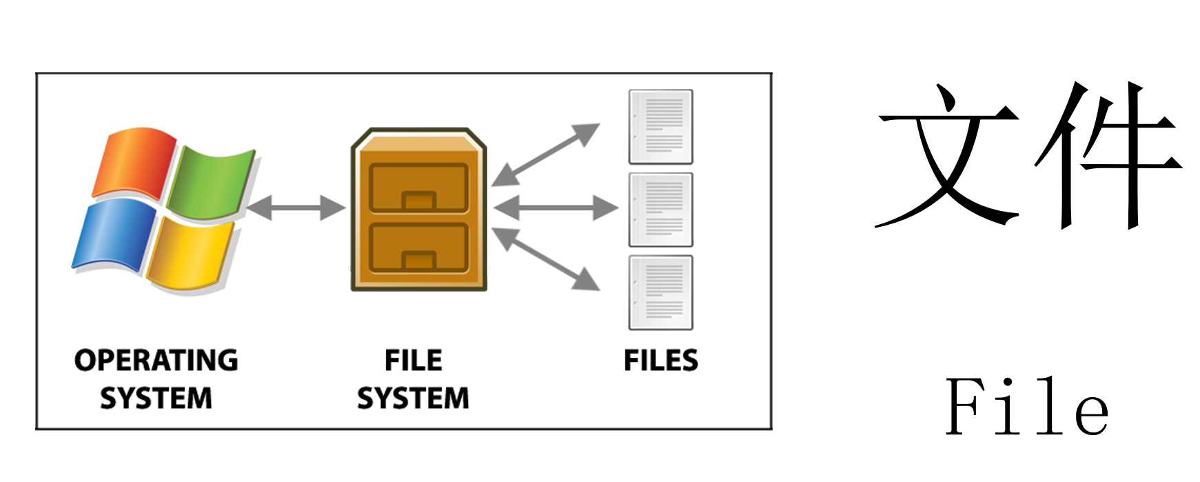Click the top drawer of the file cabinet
pyautogui.click(x=418, y=187)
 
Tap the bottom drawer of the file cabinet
pyautogui.click(x=418, y=248)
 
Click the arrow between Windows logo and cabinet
pyautogui.click(x=296, y=208)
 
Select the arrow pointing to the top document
pyautogui.click(x=545, y=155)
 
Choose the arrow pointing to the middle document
pyautogui.click(x=556, y=208)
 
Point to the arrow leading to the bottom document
pyautogui.click(x=545, y=259)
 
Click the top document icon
pyautogui.click(x=660, y=126)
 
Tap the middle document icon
pyautogui.click(x=660, y=210)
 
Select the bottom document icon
pyautogui.click(x=660, y=292)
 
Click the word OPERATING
pyautogui.click(x=156, y=361)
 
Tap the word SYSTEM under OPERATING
pyautogui.click(x=156, y=399)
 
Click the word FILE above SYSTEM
pyautogui.click(x=414, y=361)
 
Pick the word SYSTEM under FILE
pyautogui.click(x=414, y=399)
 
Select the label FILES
pyautogui.click(x=661, y=361)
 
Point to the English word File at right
pyautogui.click(x=1027, y=407)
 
